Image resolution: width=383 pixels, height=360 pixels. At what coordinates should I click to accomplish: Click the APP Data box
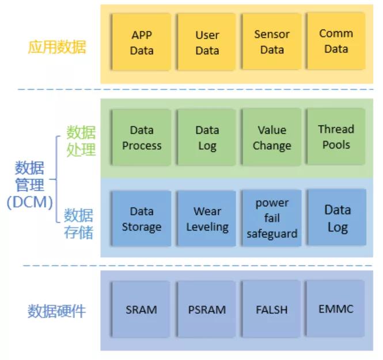coord(142,42)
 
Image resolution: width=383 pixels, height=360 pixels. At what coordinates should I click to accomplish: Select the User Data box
coord(207,42)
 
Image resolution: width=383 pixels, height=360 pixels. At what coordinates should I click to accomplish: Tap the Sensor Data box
coord(272,41)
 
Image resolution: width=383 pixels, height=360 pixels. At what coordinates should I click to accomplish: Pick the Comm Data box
coord(336,41)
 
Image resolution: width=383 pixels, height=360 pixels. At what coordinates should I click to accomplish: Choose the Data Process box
coord(142,138)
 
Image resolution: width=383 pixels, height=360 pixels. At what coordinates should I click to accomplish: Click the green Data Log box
coord(207,138)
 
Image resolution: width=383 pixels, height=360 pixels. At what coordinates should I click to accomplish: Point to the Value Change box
coord(272,137)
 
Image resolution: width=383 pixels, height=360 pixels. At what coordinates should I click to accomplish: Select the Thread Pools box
coord(336,137)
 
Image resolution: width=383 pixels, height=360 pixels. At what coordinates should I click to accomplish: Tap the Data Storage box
coord(142,218)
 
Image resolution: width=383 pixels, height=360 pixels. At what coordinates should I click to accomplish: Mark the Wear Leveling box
coord(207,218)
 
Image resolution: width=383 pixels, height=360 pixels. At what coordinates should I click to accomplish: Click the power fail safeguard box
coord(272,218)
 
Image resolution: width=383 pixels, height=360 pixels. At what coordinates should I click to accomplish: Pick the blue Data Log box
coord(337,217)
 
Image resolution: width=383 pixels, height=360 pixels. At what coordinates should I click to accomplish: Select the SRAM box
coord(141,309)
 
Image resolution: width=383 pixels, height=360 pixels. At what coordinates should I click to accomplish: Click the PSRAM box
coord(207,309)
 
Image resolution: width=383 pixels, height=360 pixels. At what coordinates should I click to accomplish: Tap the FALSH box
coord(271,309)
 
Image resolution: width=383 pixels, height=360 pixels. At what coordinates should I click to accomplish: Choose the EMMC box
coord(336,309)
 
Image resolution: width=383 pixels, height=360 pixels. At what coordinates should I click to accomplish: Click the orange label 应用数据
coord(57,47)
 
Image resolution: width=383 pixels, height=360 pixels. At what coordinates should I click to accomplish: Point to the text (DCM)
coord(30,203)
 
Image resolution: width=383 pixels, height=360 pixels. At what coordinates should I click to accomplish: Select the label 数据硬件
coord(56,311)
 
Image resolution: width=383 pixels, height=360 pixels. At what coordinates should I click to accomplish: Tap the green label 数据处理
coord(81,141)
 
